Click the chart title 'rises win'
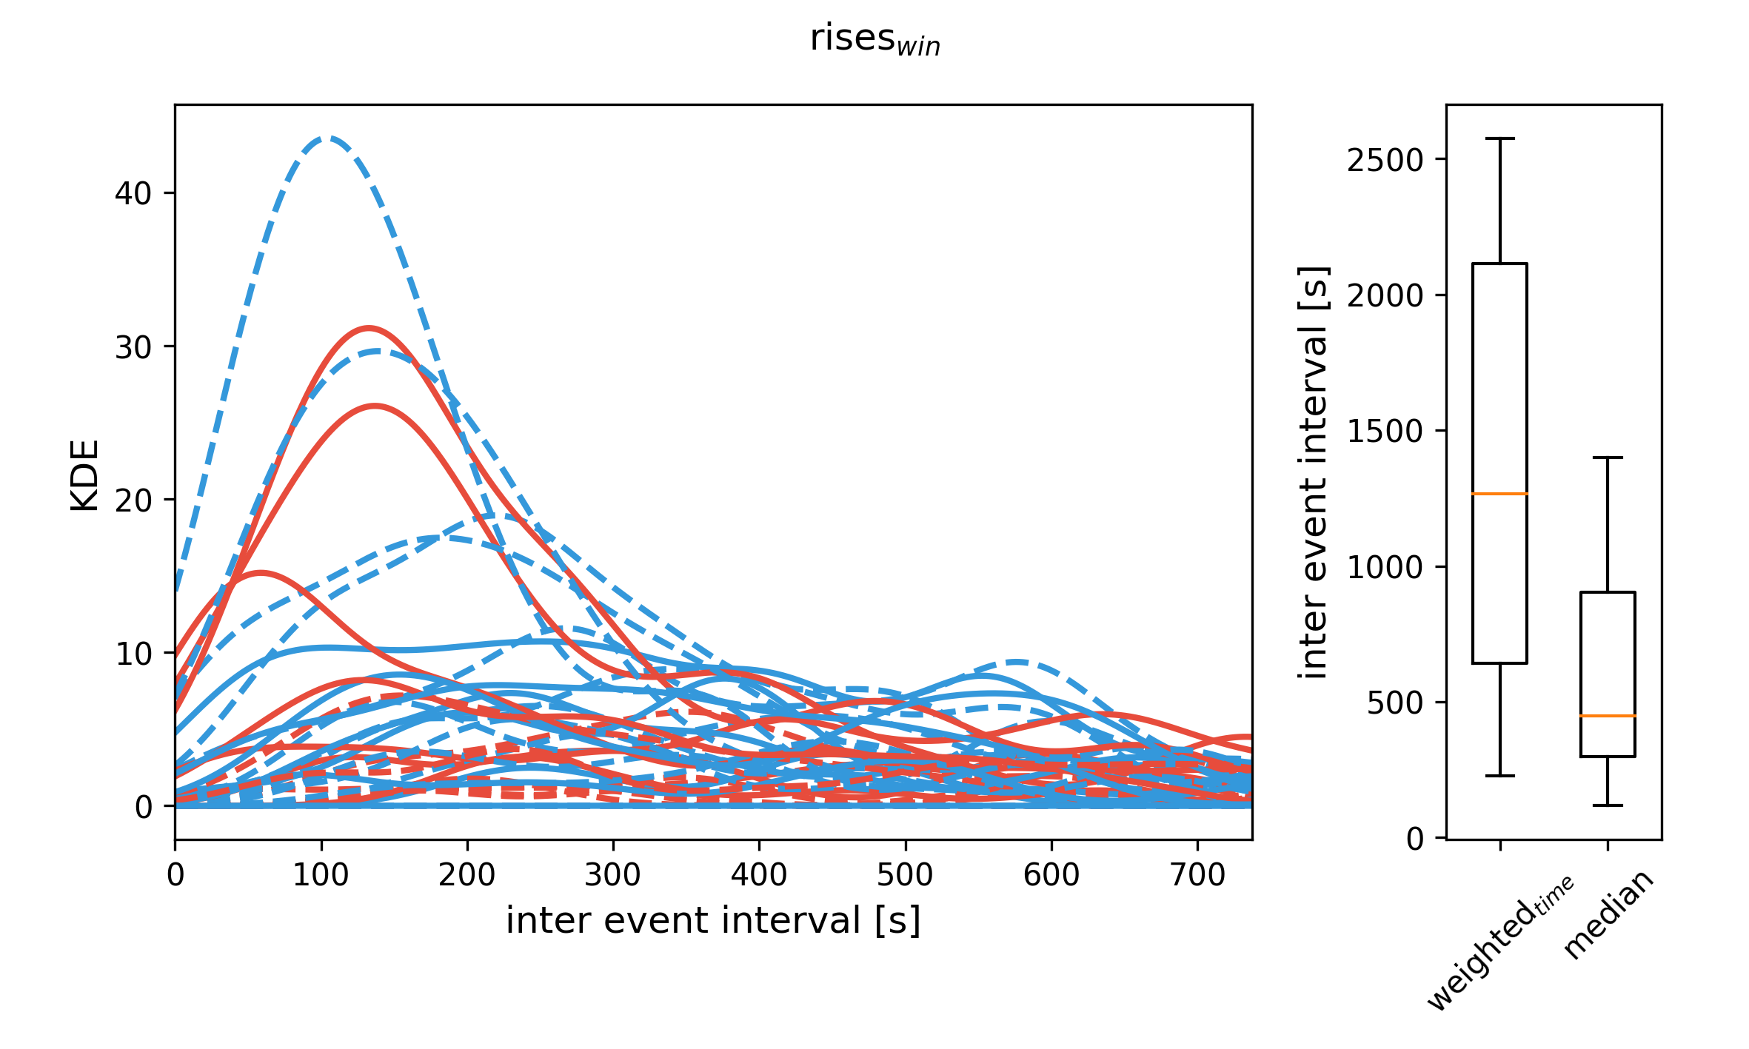(x=874, y=38)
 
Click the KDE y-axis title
(x=84, y=475)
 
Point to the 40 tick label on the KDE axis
(x=133, y=194)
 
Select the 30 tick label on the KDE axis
(x=133, y=347)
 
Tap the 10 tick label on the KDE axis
(x=133, y=654)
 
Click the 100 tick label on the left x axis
(x=321, y=876)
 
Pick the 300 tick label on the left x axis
(x=612, y=876)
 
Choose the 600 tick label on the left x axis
(x=1051, y=876)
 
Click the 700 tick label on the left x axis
(x=1197, y=876)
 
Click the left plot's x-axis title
(x=713, y=921)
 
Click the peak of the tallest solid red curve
(x=369, y=327)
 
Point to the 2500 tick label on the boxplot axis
(x=1385, y=160)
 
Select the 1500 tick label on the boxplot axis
(x=1385, y=432)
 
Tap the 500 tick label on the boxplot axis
(x=1395, y=703)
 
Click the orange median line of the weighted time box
(x=1499, y=493)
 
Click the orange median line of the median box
(x=1608, y=716)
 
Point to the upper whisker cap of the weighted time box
(x=1499, y=138)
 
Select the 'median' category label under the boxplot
(x=1608, y=915)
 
